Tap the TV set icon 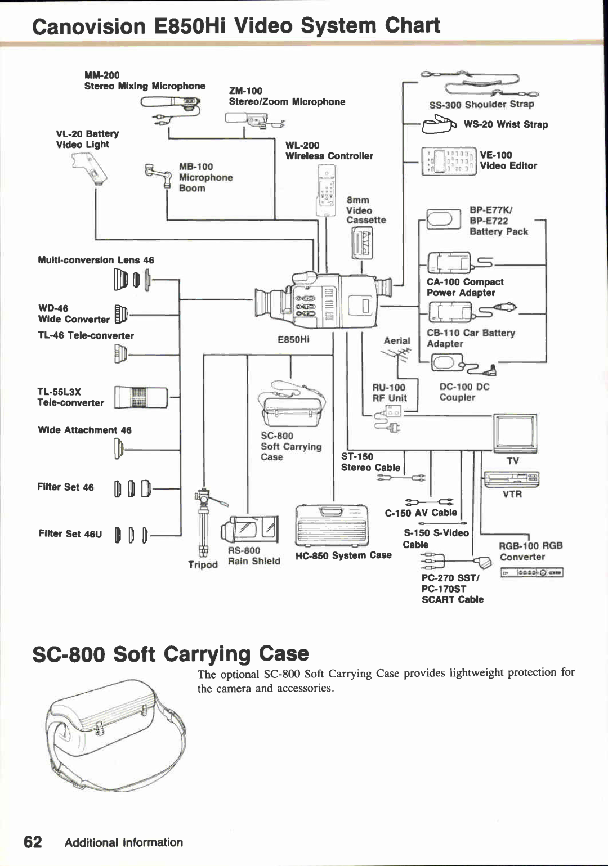[x=515, y=433]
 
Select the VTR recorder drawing [x=511, y=479]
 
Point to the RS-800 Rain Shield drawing [x=250, y=530]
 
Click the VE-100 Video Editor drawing [x=449, y=161]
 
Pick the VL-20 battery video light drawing [x=91, y=169]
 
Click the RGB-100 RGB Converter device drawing [x=531, y=573]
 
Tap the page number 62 [x=33, y=842]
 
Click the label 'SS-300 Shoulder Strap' [x=481, y=104]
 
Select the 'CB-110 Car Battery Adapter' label [x=470, y=338]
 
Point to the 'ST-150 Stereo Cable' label [x=370, y=462]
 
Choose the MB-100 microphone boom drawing [x=159, y=176]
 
